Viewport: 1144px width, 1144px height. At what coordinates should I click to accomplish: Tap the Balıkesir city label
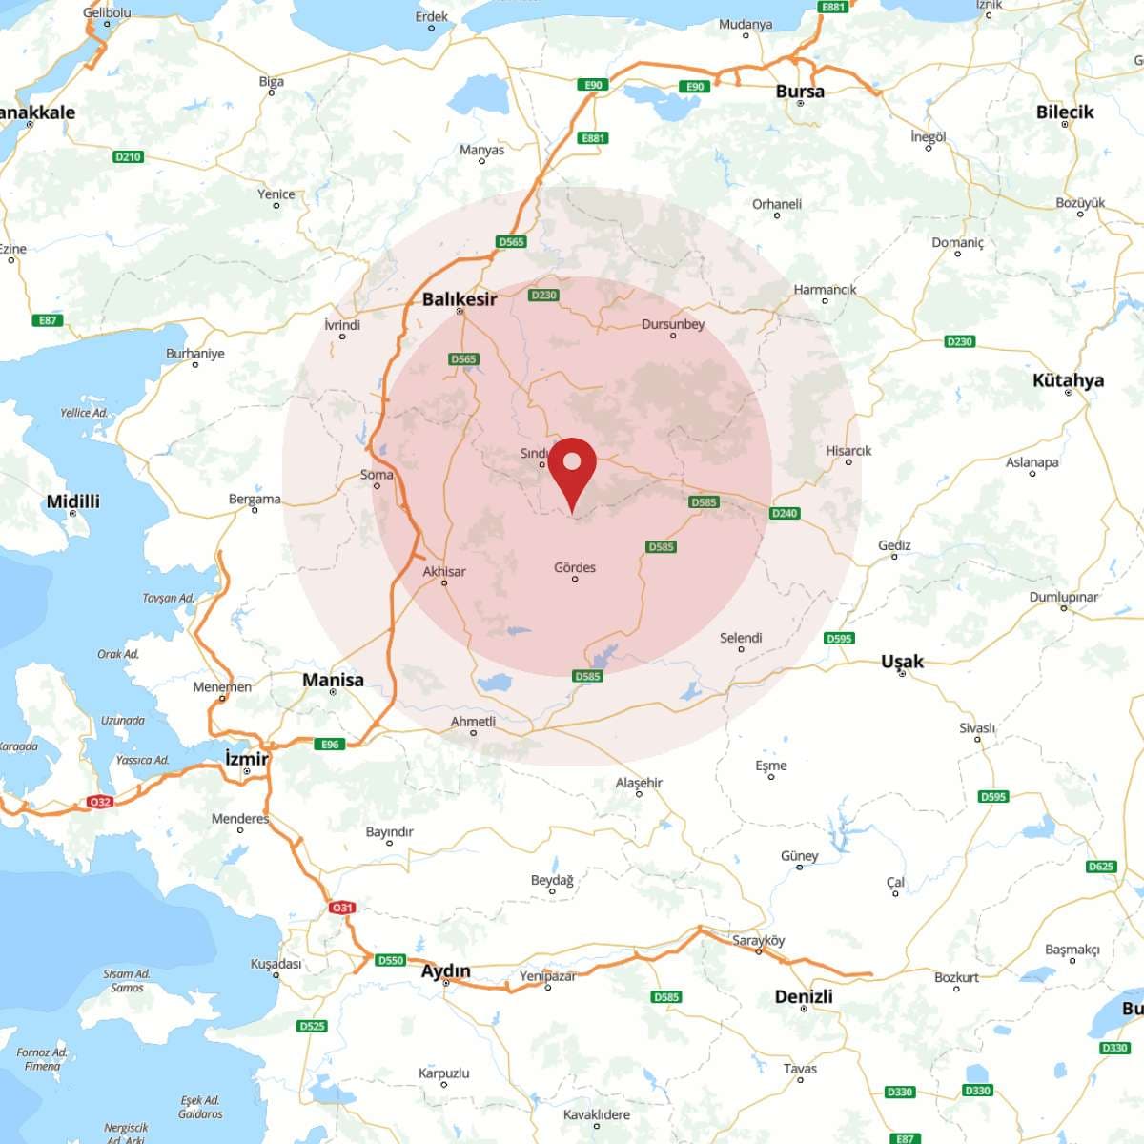tap(460, 299)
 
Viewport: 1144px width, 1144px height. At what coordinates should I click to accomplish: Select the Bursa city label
tap(800, 92)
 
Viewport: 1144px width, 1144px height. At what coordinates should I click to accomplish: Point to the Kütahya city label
tap(1068, 380)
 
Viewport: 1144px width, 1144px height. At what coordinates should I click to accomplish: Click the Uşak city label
tap(902, 662)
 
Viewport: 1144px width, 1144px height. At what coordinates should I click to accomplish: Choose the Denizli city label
tap(804, 996)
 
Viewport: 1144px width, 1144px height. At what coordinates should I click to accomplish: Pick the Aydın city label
tap(446, 971)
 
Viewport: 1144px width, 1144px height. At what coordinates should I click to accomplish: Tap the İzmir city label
tap(247, 759)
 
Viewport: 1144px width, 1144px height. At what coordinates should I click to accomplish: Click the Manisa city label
tap(333, 680)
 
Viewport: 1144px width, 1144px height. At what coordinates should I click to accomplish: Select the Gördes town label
tap(575, 567)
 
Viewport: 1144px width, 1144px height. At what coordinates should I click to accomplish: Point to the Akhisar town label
tap(444, 571)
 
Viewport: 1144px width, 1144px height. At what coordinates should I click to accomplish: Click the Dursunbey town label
tap(673, 324)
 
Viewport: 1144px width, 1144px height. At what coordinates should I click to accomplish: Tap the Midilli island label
tap(73, 501)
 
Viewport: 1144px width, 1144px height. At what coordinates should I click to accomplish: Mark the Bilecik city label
tap(1065, 112)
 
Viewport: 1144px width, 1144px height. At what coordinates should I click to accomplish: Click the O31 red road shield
tap(342, 908)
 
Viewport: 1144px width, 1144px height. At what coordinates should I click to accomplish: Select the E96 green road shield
tap(330, 745)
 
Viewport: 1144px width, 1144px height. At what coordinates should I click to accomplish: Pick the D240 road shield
tap(785, 513)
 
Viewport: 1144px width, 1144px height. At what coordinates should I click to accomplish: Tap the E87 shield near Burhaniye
tap(48, 320)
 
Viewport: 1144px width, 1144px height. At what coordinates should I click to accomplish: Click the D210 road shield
tap(128, 156)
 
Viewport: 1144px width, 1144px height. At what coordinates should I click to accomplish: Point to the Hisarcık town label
tap(848, 451)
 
